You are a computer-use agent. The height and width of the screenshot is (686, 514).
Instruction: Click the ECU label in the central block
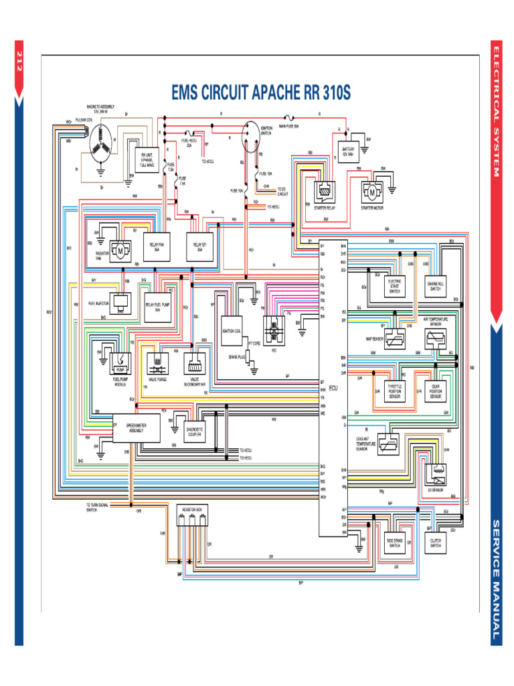[333, 388]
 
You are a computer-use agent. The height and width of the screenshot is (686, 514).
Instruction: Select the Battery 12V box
[349, 151]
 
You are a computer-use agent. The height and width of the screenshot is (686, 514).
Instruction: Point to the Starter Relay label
[325, 208]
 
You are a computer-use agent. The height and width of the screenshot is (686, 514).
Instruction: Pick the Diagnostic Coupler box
[195, 429]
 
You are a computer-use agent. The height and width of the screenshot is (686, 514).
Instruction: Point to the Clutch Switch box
[435, 542]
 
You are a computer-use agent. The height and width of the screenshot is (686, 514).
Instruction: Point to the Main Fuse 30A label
[288, 125]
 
